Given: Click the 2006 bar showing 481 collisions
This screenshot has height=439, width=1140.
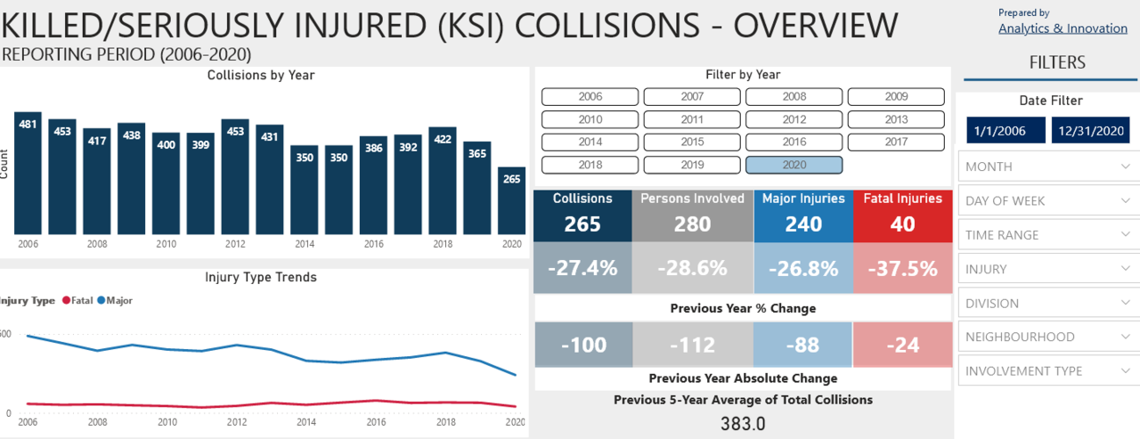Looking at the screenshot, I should (x=28, y=174).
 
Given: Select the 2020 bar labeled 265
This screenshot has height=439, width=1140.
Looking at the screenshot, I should (x=512, y=200).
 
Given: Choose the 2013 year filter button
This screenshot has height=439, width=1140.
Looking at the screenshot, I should (x=896, y=119).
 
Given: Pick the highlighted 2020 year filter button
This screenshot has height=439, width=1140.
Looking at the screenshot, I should (x=794, y=165).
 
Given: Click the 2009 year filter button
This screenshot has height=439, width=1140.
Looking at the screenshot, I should (x=896, y=96).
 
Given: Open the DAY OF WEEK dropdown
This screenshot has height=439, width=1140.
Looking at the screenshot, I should (x=1047, y=200).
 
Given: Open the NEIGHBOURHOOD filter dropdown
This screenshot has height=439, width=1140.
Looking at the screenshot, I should (x=1047, y=337).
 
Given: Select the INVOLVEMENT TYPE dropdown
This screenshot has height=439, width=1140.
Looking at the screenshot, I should (x=1047, y=370).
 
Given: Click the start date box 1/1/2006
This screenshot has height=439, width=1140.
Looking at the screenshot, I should (x=999, y=131).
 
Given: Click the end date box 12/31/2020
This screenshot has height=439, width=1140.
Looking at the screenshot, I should (x=1090, y=131).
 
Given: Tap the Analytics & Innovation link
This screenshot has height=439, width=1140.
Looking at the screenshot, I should (x=1063, y=28).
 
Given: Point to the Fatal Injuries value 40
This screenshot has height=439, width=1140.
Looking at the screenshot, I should (x=902, y=224).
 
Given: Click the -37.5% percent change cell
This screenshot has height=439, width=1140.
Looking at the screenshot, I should (x=902, y=268).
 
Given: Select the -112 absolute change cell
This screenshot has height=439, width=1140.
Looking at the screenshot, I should (x=691, y=344).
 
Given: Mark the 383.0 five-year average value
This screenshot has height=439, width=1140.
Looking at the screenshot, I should (x=743, y=423).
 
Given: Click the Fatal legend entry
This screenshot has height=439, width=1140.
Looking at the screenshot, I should (x=77, y=301).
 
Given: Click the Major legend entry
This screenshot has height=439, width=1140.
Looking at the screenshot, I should (x=115, y=301).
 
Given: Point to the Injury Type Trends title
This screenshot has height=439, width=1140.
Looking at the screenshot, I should (x=260, y=277).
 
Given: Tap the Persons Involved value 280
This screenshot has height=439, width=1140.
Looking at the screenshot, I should (x=692, y=224).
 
